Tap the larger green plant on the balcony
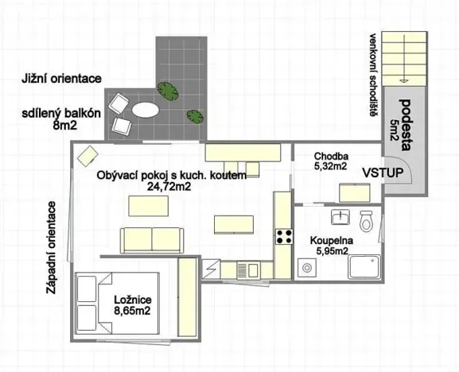coord(168,91)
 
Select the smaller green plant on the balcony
coord(195,117)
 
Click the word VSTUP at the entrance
coord(383,172)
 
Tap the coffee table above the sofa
coord(148,206)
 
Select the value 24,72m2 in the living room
coord(169,187)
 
